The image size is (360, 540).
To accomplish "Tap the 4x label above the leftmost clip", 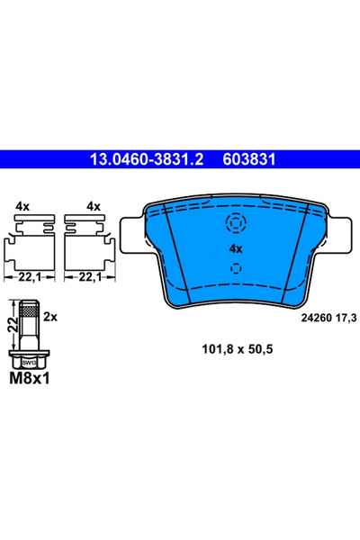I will point(23,206).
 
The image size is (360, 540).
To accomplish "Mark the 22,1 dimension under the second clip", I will point(88,277).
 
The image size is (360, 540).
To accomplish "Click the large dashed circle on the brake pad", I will point(236,224).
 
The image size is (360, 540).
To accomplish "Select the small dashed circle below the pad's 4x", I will point(236,267).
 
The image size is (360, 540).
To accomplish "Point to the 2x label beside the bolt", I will point(51,318).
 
